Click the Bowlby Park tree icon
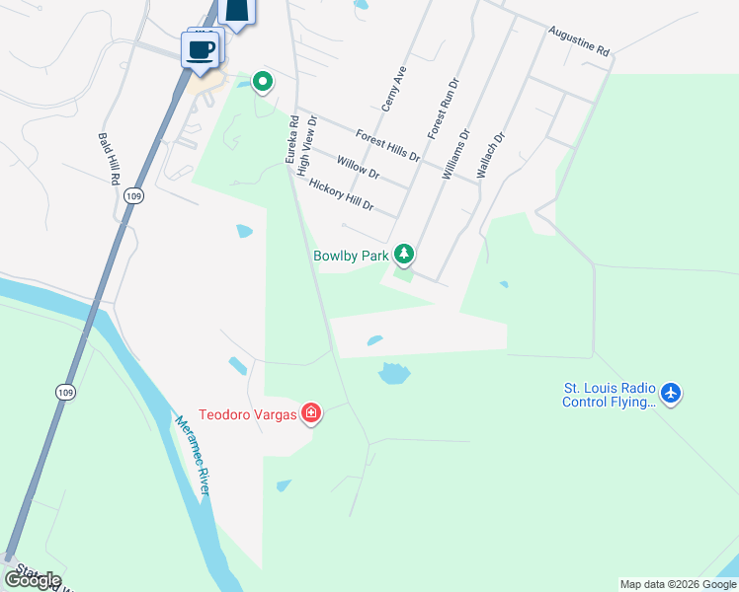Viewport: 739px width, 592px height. pyautogui.click(x=403, y=255)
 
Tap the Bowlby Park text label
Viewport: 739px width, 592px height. pyautogui.click(x=351, y=256)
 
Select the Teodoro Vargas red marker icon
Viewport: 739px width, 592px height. pyautogui.click(x=311, y=413)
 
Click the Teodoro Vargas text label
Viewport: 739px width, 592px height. pyautogui.click(x=248, y=414)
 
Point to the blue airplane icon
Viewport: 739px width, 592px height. pyautogui.click(x=672, y=394)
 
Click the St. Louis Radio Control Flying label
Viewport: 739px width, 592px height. pyautogui.click(x=609, y=395)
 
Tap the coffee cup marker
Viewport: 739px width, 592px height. pyautogui.click(x=200, y=48)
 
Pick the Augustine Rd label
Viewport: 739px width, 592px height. pyautogui.click(x=579, y=41)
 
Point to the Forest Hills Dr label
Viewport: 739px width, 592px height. pyautogui.click(x=388, y=146)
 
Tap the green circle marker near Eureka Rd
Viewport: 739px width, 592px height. pyautogui.click(x=262, y=82)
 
